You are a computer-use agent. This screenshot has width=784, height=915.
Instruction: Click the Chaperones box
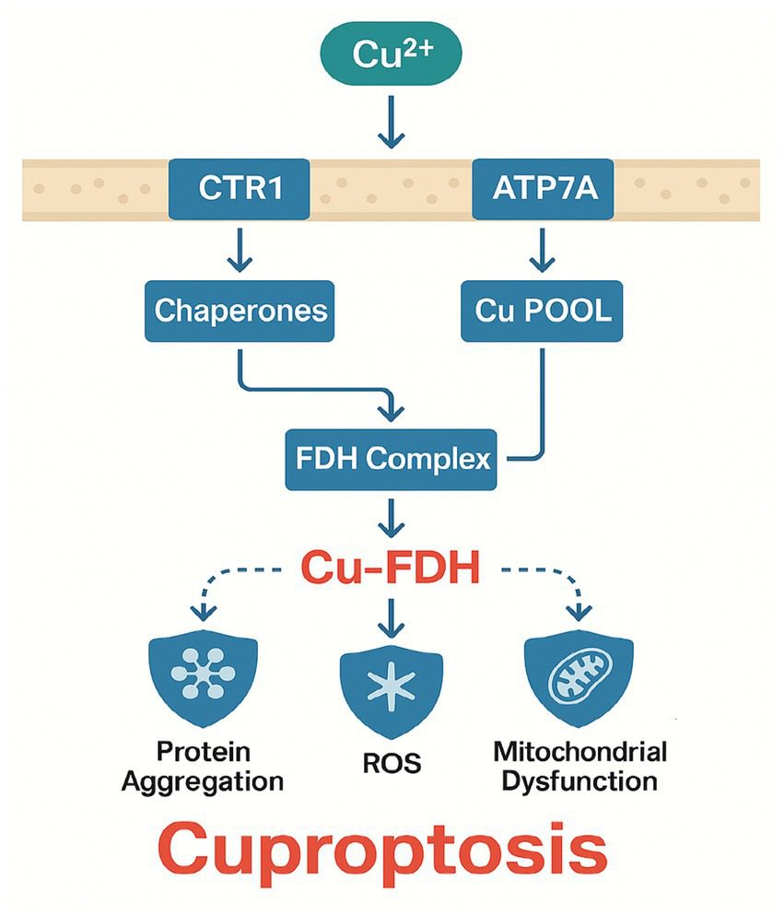(240, 310)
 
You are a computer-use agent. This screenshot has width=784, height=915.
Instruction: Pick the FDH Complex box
(391, 458)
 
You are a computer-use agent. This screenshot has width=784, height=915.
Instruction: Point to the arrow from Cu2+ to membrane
(391, 127)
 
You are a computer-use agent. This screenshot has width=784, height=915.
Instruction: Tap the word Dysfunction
(579, 782)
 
